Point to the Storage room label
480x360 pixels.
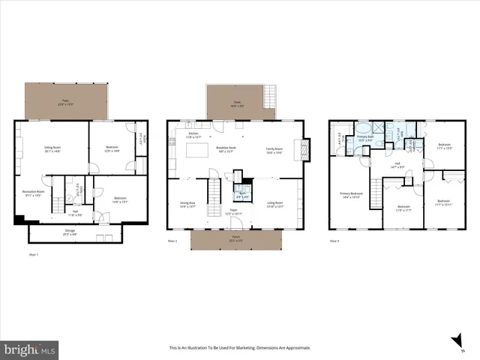tap(70, 232)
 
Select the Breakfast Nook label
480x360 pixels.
tap(226, 149)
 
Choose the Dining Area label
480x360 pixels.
tap(187, 203)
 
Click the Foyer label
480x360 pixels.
tap(233, 212)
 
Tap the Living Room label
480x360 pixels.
tap(275, 203)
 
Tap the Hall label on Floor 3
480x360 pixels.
tap(397, 166)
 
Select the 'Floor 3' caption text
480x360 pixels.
tap(334, 241)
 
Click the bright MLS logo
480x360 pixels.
tap(30, 349)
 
